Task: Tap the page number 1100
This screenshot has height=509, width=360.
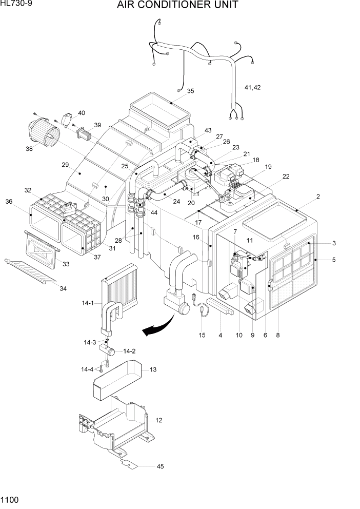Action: (11, 499)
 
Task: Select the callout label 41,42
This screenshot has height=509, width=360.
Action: (252, 88)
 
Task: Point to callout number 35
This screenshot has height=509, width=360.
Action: (190, 91)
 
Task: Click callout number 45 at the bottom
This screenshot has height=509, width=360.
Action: (161, 466)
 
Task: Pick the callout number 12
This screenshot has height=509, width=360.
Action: (159, 420)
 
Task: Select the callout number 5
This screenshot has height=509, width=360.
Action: (333, 260)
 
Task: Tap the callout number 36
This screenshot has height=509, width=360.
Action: (9, 202)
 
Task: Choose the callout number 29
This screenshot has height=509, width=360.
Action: (65, 165)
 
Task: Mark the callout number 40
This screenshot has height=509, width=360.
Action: (82, 113)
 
